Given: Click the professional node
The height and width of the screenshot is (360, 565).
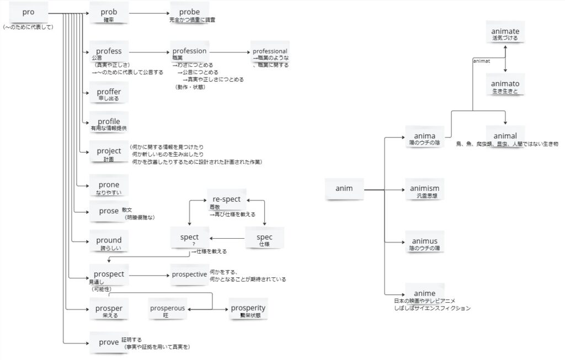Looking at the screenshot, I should tap(270, 51).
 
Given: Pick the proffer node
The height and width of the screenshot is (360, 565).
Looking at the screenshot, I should tap(109, 92).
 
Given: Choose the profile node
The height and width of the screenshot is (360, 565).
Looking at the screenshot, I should tap(109, 121).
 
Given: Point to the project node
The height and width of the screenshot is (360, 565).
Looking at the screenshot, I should tap(109, 151).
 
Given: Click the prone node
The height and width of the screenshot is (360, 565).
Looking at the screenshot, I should tap(109, 185).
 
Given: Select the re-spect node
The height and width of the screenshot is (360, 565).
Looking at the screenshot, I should tap(224, 199).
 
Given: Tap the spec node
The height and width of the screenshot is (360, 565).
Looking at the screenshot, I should tap(264, 237).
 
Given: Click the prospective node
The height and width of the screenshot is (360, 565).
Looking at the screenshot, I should tap(189, 274).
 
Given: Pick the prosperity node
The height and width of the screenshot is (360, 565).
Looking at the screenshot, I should tap(248, 308).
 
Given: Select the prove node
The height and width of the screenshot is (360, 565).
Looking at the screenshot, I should tap(109, 342).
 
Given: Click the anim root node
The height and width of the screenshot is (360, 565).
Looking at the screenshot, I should tap(344, 189).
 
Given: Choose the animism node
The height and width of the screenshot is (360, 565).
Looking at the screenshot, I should tap(424, 189).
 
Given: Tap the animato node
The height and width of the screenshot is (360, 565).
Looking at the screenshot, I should tap(505, 84).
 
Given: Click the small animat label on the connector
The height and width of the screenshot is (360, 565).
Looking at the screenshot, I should tap(482, 61).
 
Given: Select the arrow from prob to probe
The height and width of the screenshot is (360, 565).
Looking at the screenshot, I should tap(150, 13).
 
